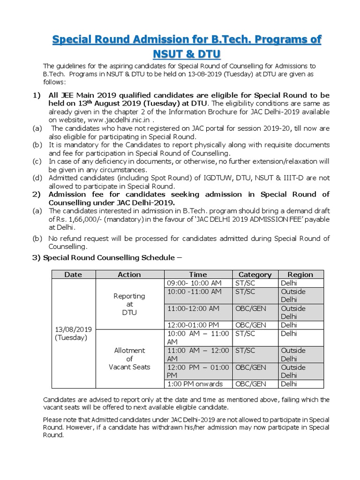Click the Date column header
click(x=73, y=275)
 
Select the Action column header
click(x=129, y=275)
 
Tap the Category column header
click(x=255, y=275)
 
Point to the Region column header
click(x=300, y=275)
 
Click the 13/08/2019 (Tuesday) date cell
click(x=73, y=333)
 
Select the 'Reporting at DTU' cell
click(x=129, y=304)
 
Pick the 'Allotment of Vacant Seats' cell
click(x=129, y=359)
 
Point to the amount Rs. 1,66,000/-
click(x=71, y=219)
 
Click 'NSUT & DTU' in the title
click(x=187, y=54)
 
